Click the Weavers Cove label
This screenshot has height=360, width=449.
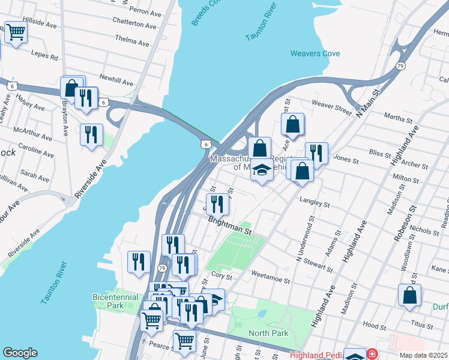315,53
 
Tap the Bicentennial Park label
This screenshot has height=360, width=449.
116,301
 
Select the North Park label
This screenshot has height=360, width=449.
269,333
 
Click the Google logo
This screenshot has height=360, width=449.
20,353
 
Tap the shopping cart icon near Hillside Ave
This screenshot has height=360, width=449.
16,32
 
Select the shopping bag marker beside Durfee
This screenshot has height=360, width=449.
409,295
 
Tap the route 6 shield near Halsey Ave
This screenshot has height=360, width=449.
11,86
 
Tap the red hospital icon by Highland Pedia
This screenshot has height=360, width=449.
373,355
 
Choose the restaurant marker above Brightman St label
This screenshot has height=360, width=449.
217,204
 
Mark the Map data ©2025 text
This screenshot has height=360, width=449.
423,355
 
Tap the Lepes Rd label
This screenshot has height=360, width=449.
46,58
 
